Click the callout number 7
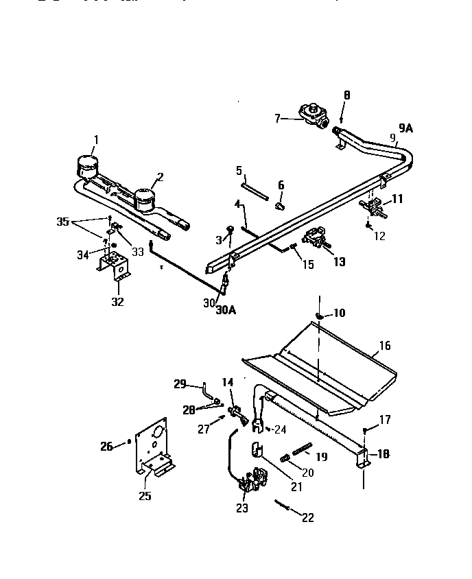click(278, 118)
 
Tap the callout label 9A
click(407, 127)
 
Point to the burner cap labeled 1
click(87, 167)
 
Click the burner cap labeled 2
click(145, 200)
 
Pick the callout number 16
click(386, 346)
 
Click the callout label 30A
click(226, 309)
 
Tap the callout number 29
click(180, 384)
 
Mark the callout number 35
click(63, 222)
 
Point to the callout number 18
click(382, 453)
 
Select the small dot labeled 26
click(129, 442)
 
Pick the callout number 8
click(346, 95)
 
